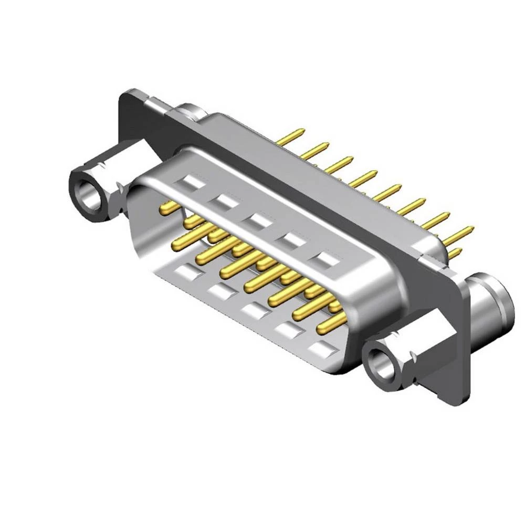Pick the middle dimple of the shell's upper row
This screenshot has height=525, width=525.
[x=259, y=220]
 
